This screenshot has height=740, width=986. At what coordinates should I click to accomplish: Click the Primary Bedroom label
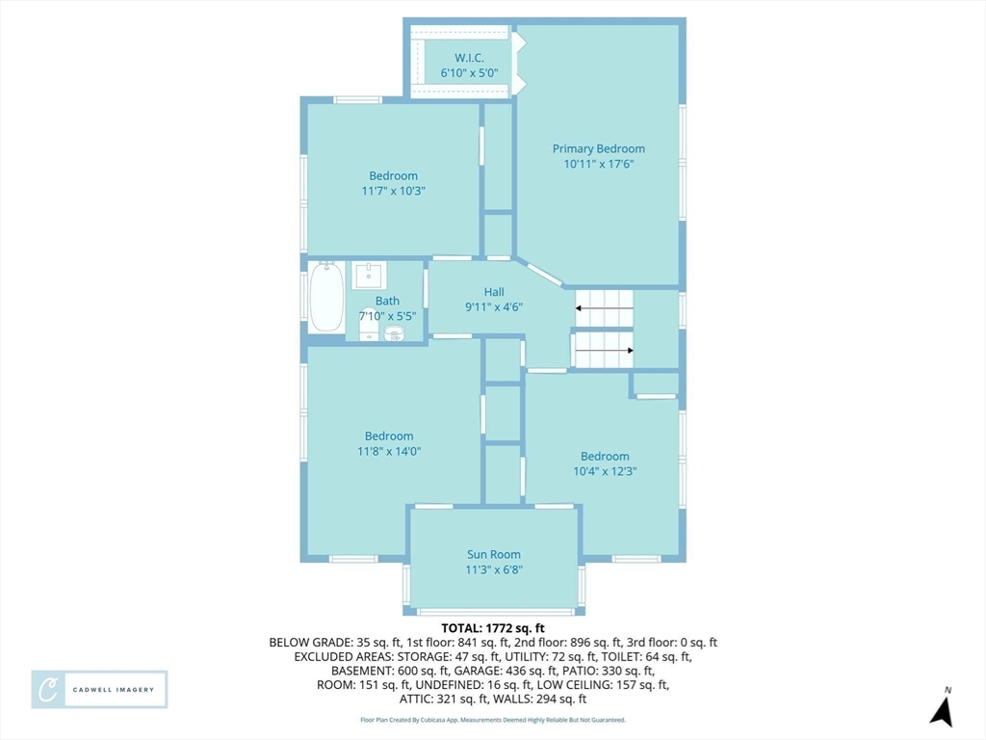pyautogui.click(x=599, y=148)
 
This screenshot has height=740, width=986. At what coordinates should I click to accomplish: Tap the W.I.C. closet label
pyautogui.click(x=469, y=58)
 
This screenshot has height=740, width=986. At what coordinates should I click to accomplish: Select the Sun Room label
pyautogui.click(x=494, y=554)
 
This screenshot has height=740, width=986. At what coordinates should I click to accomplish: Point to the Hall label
pyautogui.click(x=494, y=292)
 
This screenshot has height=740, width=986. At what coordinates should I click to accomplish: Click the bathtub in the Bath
pyautogui.click(x=326, y=297)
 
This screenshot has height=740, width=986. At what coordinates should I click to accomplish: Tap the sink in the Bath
pyautogui.click(x=368, y=276)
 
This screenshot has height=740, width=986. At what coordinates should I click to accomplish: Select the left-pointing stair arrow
pyautogui.click(x=605, y=308)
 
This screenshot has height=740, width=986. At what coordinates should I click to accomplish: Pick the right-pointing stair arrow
pyautogui.click(x=605, y=351)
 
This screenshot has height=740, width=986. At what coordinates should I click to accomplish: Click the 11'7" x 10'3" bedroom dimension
pyautogui.click(x=393, y=191)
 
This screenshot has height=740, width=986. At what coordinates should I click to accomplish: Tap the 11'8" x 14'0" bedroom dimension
pyautogui.click(x=389, y=451)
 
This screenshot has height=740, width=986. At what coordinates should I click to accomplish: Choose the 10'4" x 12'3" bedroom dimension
pyautogui.click(x=605, y=471)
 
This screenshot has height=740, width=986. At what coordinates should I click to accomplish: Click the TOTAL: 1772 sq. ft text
pyautogui.click(x=493, y=628)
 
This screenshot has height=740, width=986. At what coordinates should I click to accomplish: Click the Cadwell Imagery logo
pyautogui.click(x=99, y=690)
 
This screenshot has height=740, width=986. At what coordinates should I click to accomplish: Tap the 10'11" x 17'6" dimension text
pyautogui.click(x=599, y=164)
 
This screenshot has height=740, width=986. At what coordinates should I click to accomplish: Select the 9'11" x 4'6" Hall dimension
pyautogui.click(x=494, y=307)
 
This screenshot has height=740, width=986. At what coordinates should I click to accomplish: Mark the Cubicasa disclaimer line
pyautogui.click(x=493, y=720)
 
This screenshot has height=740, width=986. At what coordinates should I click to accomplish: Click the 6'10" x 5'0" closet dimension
pyautogui.click(x=469, y=73)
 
